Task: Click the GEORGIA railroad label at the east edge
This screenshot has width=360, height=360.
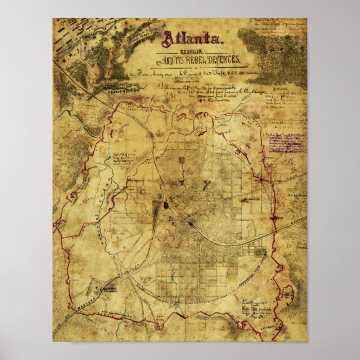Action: (299, 219)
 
